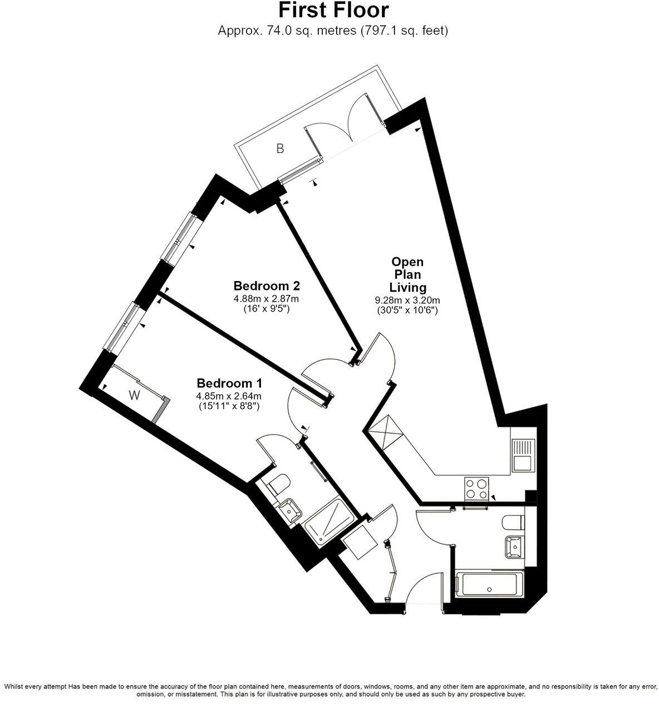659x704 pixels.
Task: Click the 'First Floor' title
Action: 333,11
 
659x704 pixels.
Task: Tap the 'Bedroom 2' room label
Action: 267,286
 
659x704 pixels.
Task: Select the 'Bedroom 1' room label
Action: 229,383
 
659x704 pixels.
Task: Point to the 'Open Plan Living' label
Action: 407,274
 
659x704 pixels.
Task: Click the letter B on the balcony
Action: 281,149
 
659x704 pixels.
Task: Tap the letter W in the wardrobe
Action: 134,396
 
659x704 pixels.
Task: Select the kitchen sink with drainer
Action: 523,455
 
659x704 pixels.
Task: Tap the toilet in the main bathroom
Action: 512,522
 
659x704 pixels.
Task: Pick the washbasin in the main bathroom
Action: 515,547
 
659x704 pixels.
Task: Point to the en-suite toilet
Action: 278,484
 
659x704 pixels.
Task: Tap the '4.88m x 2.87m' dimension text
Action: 267,299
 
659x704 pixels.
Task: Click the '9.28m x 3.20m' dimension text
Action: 407,301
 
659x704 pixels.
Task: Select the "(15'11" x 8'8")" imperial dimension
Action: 229,406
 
